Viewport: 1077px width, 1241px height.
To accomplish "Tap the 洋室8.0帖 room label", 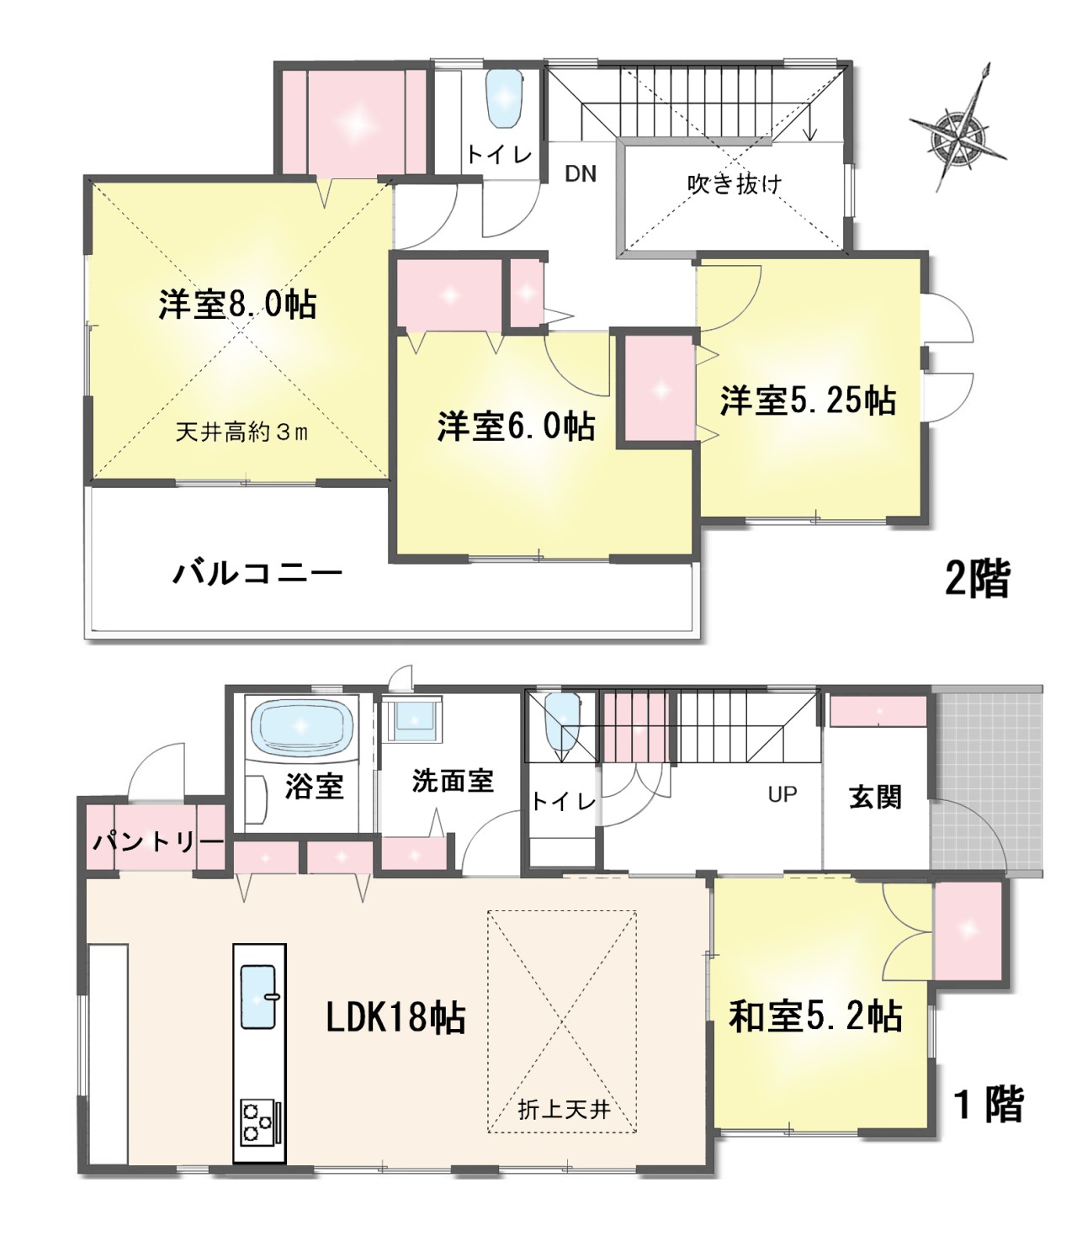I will click(237, 305).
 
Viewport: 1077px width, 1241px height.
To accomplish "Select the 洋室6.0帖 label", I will click(517, 427).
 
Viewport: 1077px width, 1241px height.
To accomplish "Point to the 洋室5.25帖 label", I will click(808, 401).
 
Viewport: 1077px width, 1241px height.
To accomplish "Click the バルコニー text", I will click(258, 575).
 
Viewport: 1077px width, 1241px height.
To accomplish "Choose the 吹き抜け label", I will click(735, 183).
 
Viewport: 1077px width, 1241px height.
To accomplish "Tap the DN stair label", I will click(580, 174).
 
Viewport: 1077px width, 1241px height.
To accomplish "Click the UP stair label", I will click(782, 793).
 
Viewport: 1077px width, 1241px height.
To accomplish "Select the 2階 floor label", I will click(977, 579).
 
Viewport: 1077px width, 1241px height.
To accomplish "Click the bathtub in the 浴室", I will click(304, 723).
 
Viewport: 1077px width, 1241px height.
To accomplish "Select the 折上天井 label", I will click(563, 1111).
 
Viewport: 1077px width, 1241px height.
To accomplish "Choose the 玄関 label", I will click(875, 797).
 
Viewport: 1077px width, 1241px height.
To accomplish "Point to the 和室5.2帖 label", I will click(815, 1016).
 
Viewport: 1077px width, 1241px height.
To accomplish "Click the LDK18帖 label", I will click(395, 1019).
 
